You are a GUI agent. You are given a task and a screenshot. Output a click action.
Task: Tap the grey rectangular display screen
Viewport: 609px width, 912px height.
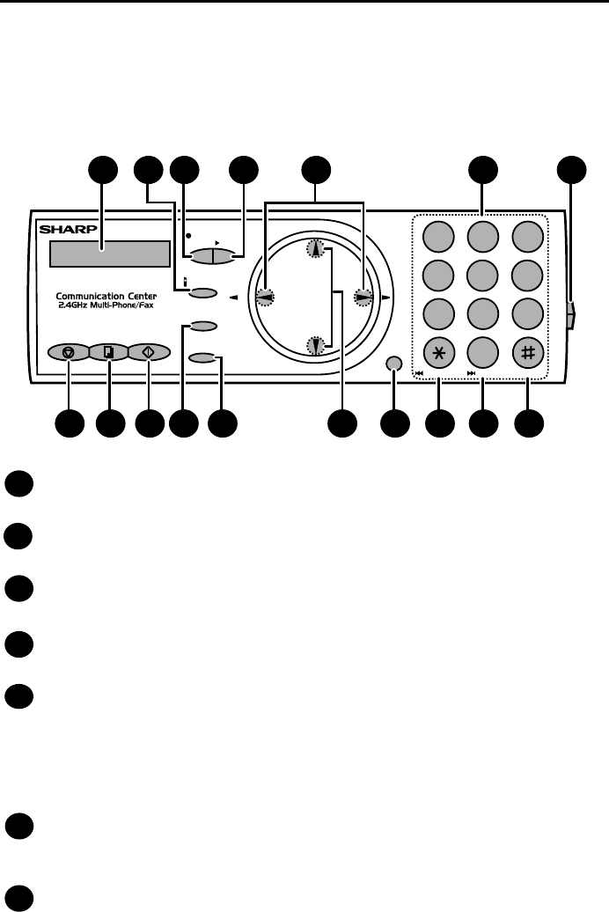pyautogui.click(x=109, y=254)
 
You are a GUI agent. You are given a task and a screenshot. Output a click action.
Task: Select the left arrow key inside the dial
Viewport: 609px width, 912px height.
pyautogui.click(x=264, y=297)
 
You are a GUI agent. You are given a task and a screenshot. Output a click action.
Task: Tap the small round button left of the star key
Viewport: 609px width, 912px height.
pyautogui.click(x=394, y=364)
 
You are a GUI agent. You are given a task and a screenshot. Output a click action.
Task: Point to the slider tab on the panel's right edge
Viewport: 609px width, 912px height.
pyautogui.click(x=572, y=314)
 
